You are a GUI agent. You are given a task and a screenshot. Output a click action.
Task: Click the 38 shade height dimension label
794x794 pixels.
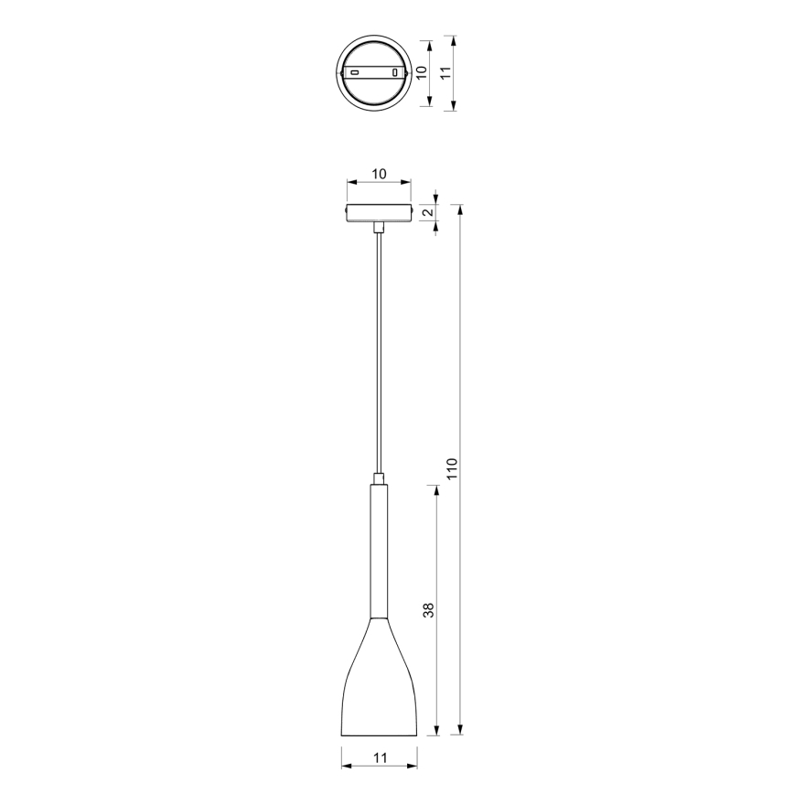(427, 610)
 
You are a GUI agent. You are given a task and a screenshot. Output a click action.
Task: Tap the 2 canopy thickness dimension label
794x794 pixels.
(426, 212)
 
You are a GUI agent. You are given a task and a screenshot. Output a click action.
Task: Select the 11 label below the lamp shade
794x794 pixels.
(381, 757)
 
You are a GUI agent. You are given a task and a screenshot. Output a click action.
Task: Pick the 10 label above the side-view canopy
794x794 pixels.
(378, 174)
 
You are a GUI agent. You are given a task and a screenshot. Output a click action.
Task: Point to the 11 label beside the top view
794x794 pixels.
(445, 74)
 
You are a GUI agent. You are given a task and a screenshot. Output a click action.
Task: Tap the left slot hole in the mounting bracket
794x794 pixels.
(353, 72)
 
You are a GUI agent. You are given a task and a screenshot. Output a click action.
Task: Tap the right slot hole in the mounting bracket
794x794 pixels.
(395, 72)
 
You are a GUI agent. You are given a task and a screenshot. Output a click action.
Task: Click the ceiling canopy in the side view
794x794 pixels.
(378, 212)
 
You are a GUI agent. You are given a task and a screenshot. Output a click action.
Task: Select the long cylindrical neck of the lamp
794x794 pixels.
(378, 549)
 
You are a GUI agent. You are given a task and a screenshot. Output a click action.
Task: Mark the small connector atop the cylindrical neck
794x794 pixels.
(378, 477)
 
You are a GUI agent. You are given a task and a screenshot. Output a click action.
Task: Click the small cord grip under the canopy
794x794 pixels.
(378, 225)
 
